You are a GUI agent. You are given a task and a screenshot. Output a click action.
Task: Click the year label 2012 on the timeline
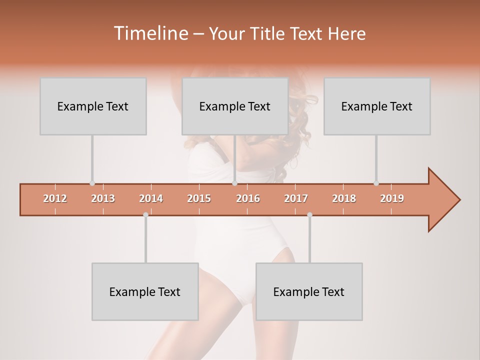pyautogui.click(x=55, y=198)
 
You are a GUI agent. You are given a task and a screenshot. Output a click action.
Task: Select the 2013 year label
pyautogui.click(x=103, y=198)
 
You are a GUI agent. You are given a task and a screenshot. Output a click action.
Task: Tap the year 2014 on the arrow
pyautogui.click(x=151, y=198)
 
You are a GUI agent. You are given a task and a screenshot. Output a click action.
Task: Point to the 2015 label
pyautogui.click(x=199, y=198)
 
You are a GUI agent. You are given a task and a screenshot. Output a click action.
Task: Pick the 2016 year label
pyautogui.click(x=248, y=198)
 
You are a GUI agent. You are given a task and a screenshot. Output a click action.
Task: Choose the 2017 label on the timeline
pyautogui.click(x=296, y=198)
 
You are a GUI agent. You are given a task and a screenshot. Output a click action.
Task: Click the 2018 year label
pyautogui.click(x=344, y=198)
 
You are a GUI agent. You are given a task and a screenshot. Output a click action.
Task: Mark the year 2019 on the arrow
pyautogui.click(x=392, y=198)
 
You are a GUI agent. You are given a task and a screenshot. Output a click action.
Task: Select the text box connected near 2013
pyautogui.click(x=93, y=106)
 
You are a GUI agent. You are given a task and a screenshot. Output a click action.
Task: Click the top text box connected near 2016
pyautogui.click(x=235, y=106)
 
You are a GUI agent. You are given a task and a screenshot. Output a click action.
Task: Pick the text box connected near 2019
pyautogui.click(x=377, y=106)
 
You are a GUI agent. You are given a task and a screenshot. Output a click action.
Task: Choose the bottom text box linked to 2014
pyautogui.click(x=145, y=291)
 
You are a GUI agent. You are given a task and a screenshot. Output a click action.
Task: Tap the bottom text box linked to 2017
pyautogui.click(x=309, y=291)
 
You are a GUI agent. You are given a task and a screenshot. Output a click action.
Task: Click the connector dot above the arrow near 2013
pyautogui.click(x=92, y=183)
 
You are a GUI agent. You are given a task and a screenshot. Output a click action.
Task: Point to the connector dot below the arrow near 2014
pyautogui.click(x=145, y=214)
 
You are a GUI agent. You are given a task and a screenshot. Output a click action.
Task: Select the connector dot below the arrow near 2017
pyautogui.click(x=309, y=214)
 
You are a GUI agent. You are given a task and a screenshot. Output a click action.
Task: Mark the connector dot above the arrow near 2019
pyautogui.click(x=376, y=183)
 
